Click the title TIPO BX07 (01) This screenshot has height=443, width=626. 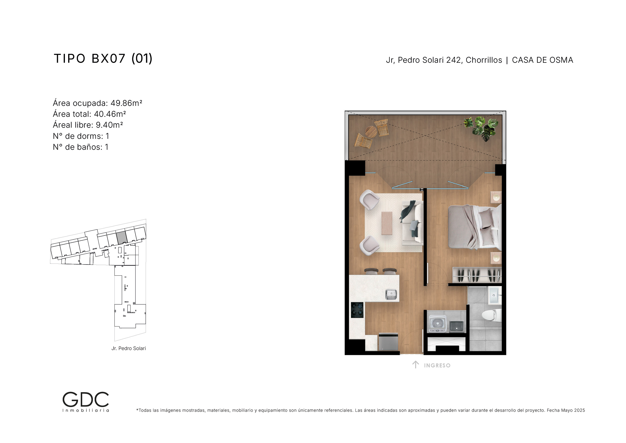click(103, 59)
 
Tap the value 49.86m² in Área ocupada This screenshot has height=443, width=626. click(127, 103)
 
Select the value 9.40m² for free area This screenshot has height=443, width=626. click(109, 125)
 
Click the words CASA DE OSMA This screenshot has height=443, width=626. click(543, 60)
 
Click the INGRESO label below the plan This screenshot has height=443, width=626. click(437, 365)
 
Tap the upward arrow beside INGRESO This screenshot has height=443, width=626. click(415, 365)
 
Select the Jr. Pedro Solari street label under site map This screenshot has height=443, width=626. click(129, 348)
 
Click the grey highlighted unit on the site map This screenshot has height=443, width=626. click(121, 237)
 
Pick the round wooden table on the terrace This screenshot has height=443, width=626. click(371, 132)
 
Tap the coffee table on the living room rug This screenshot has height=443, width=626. click(387, 223)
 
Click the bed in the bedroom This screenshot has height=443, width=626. click(475, 227)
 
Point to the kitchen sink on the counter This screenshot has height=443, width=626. click(391, 295)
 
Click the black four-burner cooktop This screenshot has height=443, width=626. click(357, 310)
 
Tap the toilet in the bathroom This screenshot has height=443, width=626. click(491, 315)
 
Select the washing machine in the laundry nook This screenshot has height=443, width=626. click(437, 324)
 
